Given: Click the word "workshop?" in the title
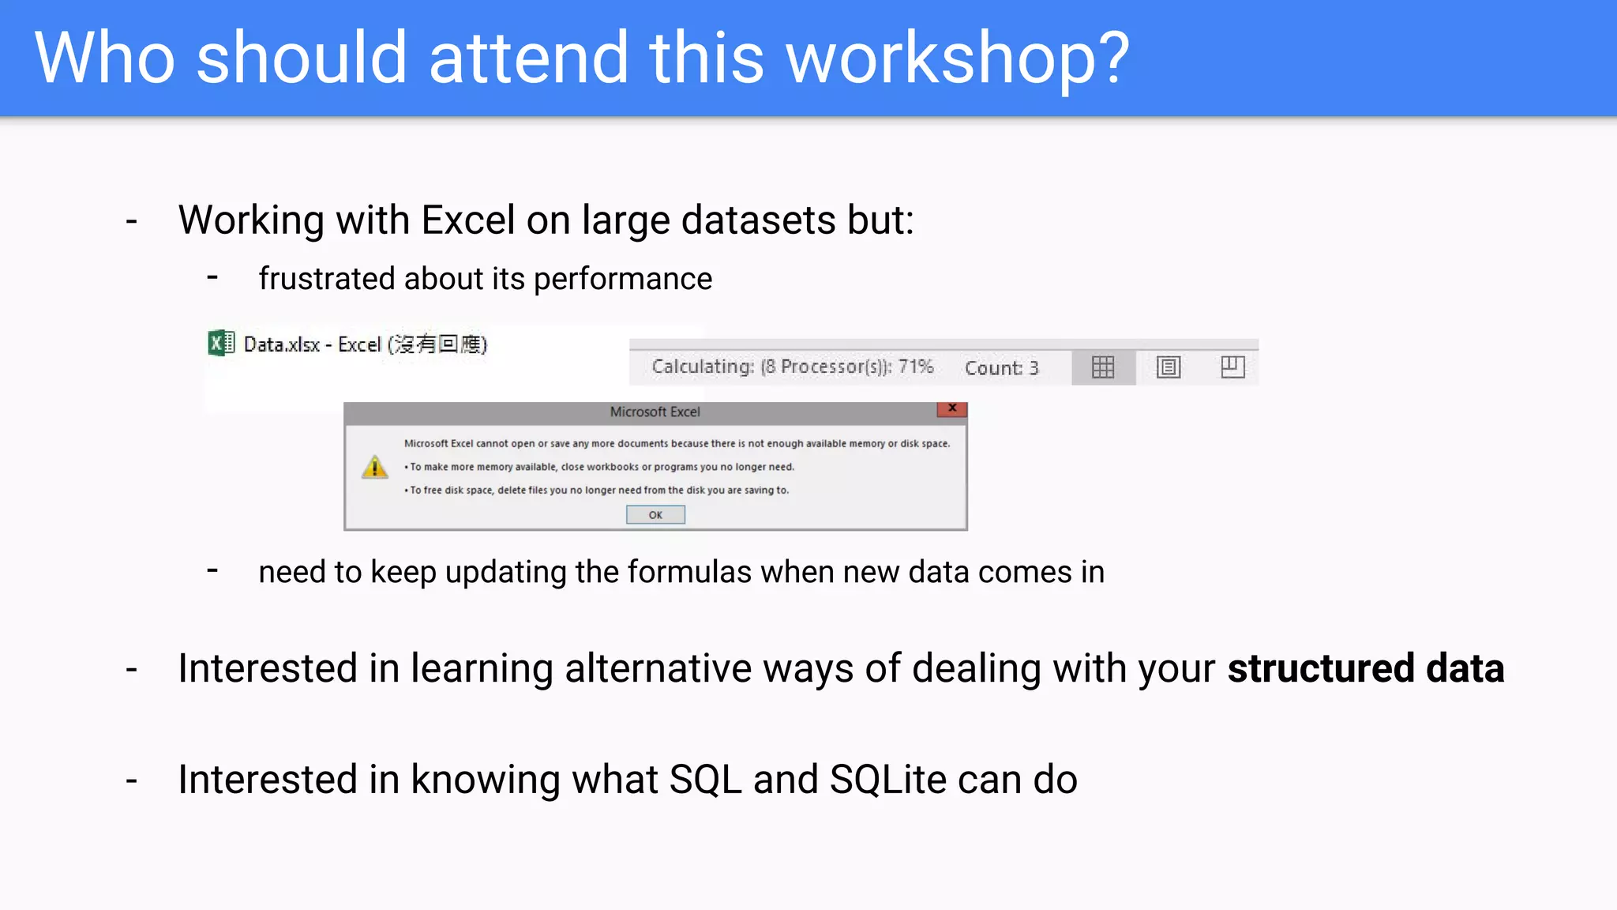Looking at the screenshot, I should click(x=958, y=58).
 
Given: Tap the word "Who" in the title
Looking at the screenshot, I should click(x=104, y=58).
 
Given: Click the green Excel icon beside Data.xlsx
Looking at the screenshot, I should click(x=221, y=344).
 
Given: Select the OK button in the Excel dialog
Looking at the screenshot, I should click(x=655, y=515).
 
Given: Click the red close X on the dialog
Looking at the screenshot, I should click(x=952, y=408).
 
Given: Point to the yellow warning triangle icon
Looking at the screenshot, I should click(x=375, y=467).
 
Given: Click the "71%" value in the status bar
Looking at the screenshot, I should click(x=916, y=367).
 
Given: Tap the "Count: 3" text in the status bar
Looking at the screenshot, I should click(x=1001, y=368).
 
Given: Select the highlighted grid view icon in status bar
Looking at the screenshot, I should click(x=1103, y=367).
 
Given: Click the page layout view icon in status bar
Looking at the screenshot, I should click(x=1169, y=367).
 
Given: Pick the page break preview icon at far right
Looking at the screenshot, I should click(x=1232, y=367).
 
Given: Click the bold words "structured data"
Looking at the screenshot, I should click(x=1366, y=668).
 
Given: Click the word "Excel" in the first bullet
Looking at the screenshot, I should click(x=468, y=220).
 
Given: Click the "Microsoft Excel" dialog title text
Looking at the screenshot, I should click(x=655, y=412).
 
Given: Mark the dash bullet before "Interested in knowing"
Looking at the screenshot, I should click(x=132, y=780).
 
